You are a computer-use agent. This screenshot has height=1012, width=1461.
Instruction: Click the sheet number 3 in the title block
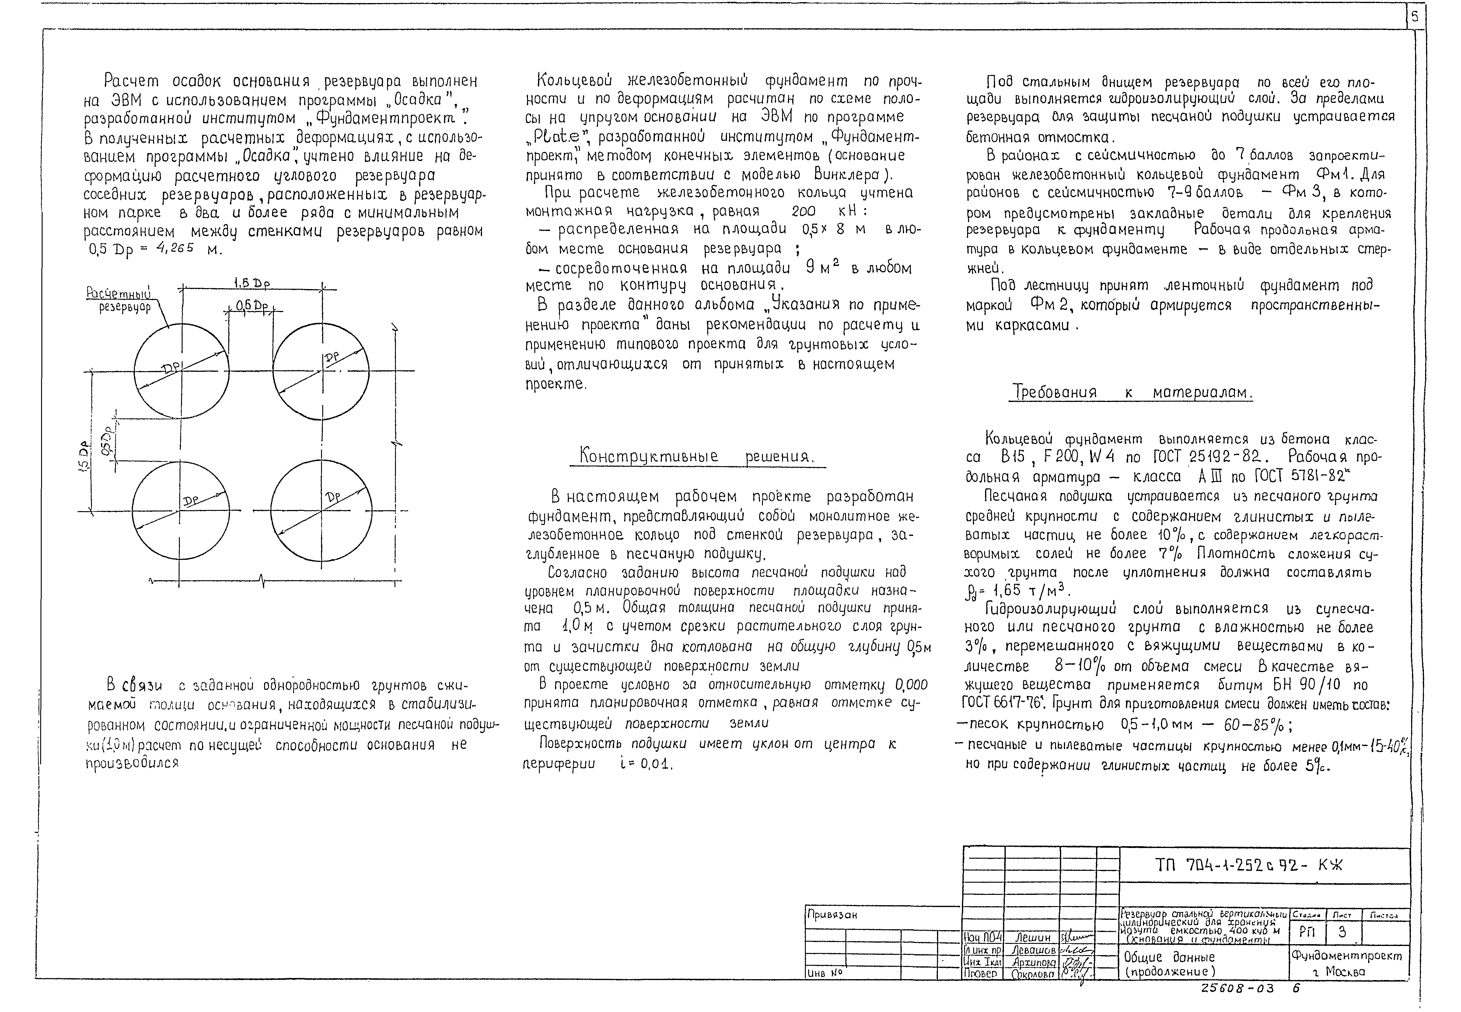[x=1342, y=932]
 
